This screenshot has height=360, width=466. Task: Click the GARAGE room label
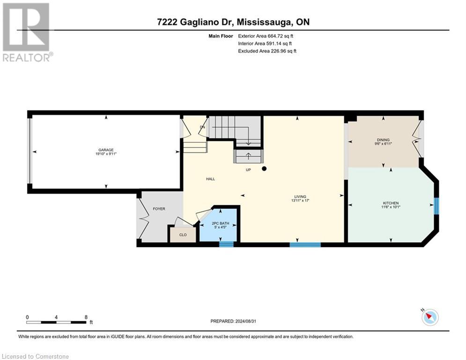[x=106, y=150]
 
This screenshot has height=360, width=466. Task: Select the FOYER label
[x=159, y=209]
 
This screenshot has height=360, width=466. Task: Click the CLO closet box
[x=183, y=235]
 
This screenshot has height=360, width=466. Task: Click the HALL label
[x=210, y=179]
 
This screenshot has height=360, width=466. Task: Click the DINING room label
[x=384, y=140]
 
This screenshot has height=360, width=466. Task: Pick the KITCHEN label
[x=391, y=203]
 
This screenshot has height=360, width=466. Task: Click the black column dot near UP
[x=265, y=169]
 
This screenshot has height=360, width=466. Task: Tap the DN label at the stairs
[x=202, y=127]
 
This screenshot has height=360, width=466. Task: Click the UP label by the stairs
[x=248, y=170]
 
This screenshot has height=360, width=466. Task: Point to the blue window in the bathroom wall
[x=226, y=244]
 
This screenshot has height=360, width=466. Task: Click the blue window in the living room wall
[x=305, y=244]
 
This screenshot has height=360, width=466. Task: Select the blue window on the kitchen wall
[x=436, y=205]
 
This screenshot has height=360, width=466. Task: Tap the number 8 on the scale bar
[x=86, y=317]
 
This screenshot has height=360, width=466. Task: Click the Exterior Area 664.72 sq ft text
[x=266, y=36]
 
